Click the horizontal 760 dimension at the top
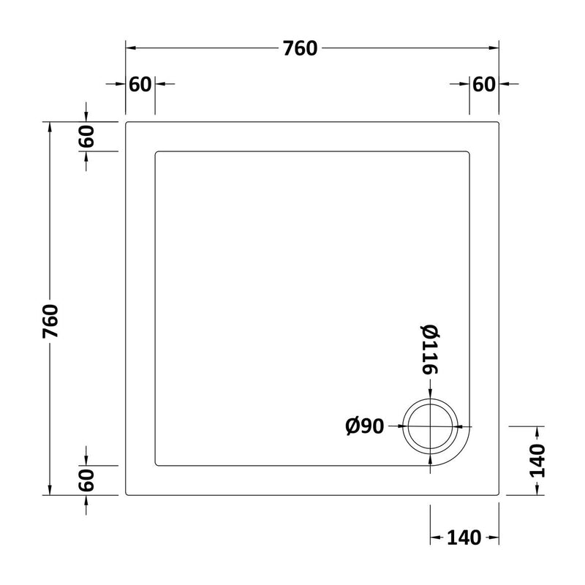tap(300, 48)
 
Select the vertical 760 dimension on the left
tap(50, 321)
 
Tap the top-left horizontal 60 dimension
tap(140, 84)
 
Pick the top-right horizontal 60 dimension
tap(484, 84)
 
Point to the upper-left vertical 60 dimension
tap(86, 137)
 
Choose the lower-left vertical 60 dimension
tap(86, 480)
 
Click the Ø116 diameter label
tap(430, 350)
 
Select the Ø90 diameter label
tap(364, 426)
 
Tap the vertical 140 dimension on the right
tap(537, 461)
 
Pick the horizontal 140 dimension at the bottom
tap(464, 538)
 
